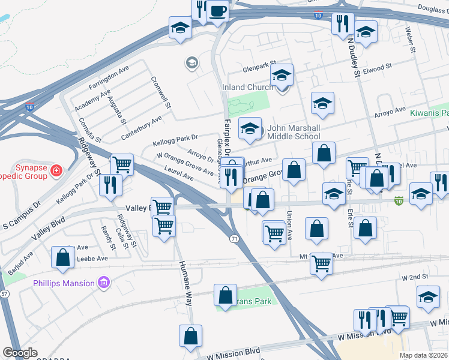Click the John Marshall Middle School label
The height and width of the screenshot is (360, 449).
click(294, 132)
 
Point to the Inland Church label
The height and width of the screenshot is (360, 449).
click(247, 87)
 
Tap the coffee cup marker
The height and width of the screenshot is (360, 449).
click(217, 10)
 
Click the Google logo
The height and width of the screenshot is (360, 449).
click(20, 353)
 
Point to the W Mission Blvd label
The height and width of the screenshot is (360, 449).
click(234, 350)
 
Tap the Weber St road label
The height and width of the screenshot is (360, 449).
click(411, 38)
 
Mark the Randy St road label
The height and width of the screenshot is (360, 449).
click(109, 238)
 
